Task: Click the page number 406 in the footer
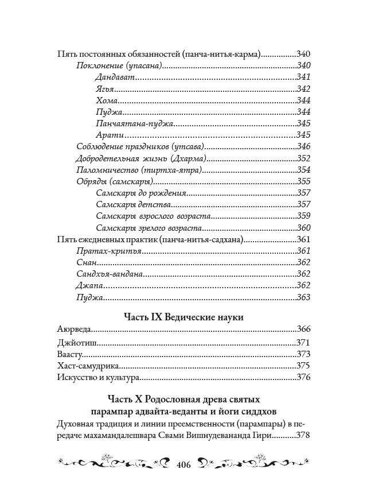(183, 464)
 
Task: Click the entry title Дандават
(114, 77)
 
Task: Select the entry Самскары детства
(134, 204)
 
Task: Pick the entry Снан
(85, 262)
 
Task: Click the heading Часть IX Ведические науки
(183, 316)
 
